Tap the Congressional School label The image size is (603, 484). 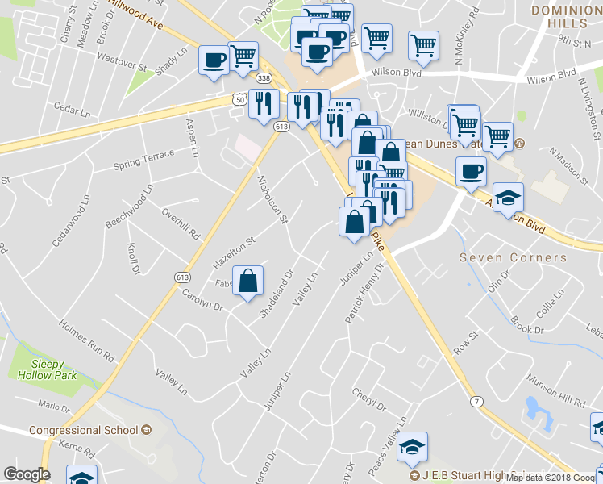pos(84,430)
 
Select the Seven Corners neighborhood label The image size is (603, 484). pos(513,257)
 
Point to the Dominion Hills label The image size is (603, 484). pos(567,15)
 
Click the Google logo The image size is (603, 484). pos(27,474)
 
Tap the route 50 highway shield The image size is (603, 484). pos(237,98)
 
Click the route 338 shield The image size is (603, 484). pos(264,78)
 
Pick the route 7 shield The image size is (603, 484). pos(477,401)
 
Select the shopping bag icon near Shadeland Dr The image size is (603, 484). pos(249,282)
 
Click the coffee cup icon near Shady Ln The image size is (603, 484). pos(214,61)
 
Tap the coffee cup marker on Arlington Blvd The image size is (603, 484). pos(471,171)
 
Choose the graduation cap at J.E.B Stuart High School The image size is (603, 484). pos(413,446)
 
